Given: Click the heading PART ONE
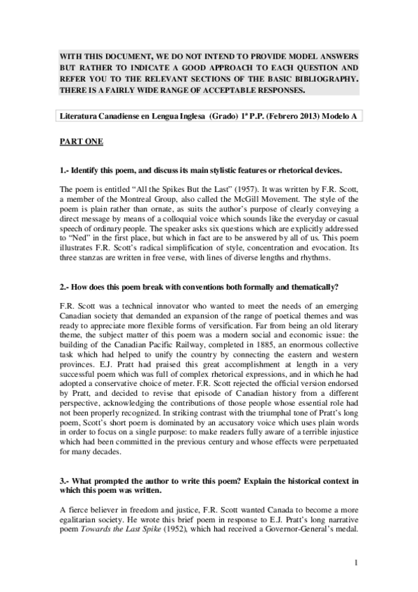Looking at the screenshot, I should pos(81,142).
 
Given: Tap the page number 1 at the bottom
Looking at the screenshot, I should pos(356,563).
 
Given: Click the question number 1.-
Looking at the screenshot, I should pos(65,170).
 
